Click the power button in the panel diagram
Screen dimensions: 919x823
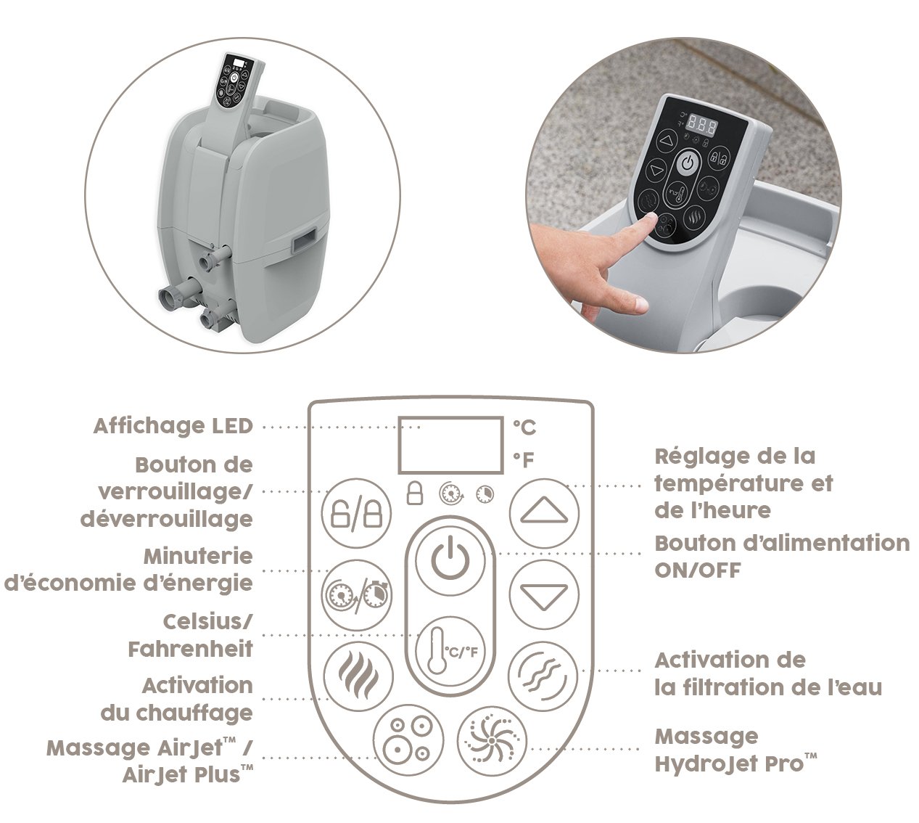click(450, 562)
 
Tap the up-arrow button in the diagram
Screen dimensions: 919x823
click(544, 513)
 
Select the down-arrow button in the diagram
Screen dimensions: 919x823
click(544, 594)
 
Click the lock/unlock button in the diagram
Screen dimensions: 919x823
click(357, 513)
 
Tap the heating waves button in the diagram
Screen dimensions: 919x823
click(358, 676)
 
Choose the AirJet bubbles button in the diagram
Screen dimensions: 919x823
click(408, 740)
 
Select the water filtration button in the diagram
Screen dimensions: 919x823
click(543, 676)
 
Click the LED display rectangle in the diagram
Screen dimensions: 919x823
click(451, 445)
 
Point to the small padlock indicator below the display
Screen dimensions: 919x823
click(415, 494)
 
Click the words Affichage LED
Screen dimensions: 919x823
click(173, 426)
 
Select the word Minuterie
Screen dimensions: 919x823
click(198, 557)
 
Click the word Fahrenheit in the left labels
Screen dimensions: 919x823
click(191, 649)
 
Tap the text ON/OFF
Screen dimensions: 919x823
click(698, 570)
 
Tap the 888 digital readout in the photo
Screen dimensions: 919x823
click(702, 124)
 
